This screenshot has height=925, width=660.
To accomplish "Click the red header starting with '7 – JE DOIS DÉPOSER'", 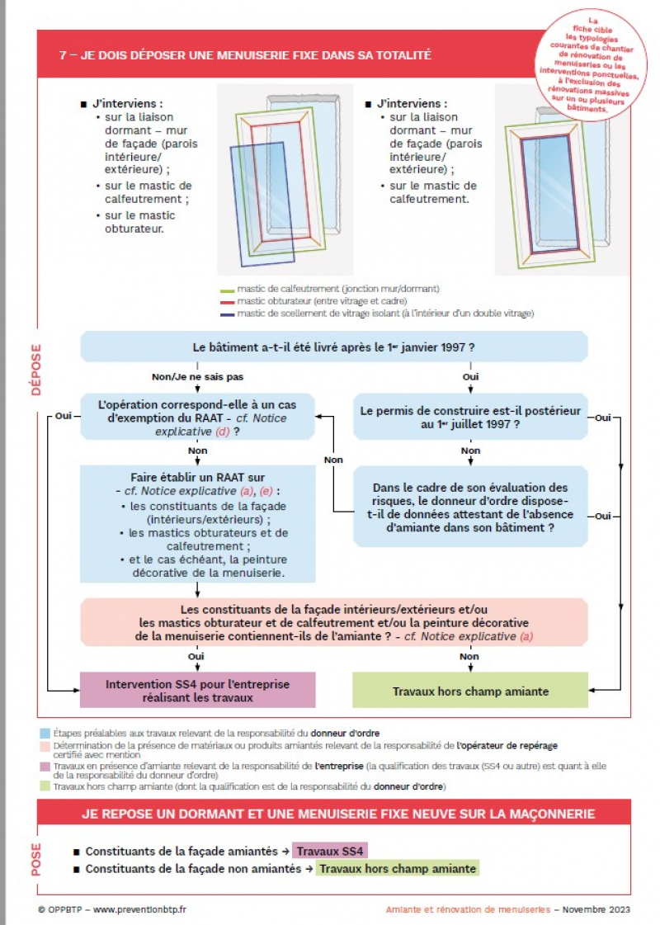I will (x=247, y=55).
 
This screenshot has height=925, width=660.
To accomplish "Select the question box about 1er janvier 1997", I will (x=333, y=347).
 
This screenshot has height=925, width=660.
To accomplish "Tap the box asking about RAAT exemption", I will (x=198, y=418).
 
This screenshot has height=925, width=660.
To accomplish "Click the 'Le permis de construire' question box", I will (x=470, y=417).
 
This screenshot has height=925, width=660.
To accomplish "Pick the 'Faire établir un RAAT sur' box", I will (x=198, y=525).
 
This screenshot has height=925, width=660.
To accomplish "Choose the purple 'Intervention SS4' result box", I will (x=197, y=691).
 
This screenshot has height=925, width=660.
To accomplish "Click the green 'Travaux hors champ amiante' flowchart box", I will (x=470, y=691).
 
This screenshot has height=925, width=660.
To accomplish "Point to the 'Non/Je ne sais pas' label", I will (x=198, y=377).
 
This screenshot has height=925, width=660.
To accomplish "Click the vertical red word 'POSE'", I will (x=36, y=860).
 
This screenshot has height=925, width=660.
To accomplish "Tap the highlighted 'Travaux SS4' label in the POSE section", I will (x=330, y=851).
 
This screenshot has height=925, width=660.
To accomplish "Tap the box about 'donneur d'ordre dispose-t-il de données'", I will (x=470, y=507).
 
